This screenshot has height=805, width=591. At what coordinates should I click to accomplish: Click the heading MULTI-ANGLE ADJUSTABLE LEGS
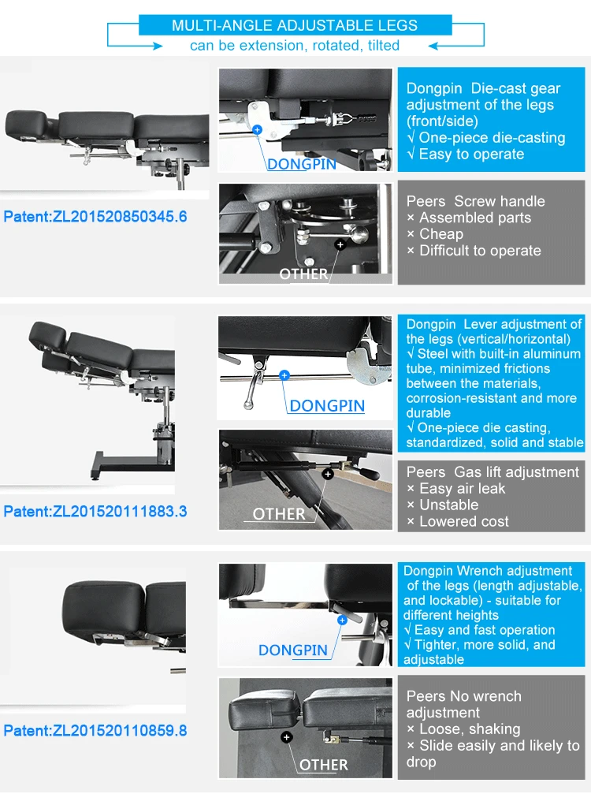(295, 25)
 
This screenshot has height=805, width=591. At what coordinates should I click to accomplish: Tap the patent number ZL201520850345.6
(120, 216)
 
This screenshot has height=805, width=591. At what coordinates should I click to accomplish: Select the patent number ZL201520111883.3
(120, 512)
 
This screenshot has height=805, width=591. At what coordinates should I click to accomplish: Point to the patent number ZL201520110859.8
(120, 731)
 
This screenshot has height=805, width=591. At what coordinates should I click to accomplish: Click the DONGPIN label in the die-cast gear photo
(302, 164)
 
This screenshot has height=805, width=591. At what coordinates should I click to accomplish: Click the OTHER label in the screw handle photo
(303, 274)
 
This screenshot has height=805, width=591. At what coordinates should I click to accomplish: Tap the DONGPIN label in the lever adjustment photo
(327, 405)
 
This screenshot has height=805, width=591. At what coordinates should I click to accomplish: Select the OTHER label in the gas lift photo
(279, 514)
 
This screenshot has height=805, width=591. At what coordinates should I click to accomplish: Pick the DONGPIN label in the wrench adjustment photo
(292, 650)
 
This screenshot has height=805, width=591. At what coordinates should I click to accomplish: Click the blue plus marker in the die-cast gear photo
(257, 130)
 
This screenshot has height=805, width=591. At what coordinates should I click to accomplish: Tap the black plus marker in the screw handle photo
(340, 244)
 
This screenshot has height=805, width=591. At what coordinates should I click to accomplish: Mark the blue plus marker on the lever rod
(284, 375)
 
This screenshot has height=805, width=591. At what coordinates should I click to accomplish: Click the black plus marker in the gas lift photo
(328, 474)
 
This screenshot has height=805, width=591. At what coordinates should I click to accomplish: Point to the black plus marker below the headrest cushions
(287, 737)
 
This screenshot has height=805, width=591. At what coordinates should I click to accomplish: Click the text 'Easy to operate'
(471, 154)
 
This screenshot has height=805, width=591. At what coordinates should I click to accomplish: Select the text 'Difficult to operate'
(480, 251)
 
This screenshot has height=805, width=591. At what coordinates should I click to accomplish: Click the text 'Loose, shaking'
(470, 729)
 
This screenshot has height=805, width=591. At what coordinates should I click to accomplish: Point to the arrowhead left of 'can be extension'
(158, 46)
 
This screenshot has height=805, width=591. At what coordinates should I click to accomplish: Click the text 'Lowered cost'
(464, 521)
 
